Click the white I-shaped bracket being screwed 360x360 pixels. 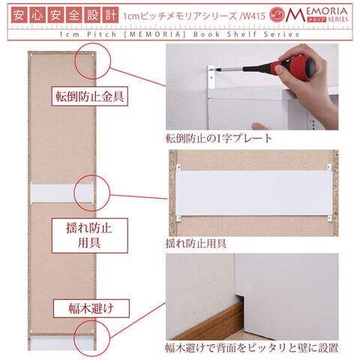click(x=211, y=77)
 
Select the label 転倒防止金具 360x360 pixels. click(x=89, y=97)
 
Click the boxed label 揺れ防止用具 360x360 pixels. click(x=89, y=235)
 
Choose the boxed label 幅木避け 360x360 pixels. click(x=91, y=308)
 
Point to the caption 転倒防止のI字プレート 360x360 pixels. click(x=219, y=138)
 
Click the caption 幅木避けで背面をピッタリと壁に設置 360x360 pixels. click(x=252, y=348)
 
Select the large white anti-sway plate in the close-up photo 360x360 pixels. click(x=254, y=193)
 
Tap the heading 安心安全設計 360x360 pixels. click(x=64, y=15)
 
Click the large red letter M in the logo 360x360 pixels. click(x=295, y=15)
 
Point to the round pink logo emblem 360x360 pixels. click(x=277, y=15)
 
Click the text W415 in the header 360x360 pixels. click(x=253, y=16)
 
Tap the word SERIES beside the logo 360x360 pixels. click(x=338, y=19)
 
